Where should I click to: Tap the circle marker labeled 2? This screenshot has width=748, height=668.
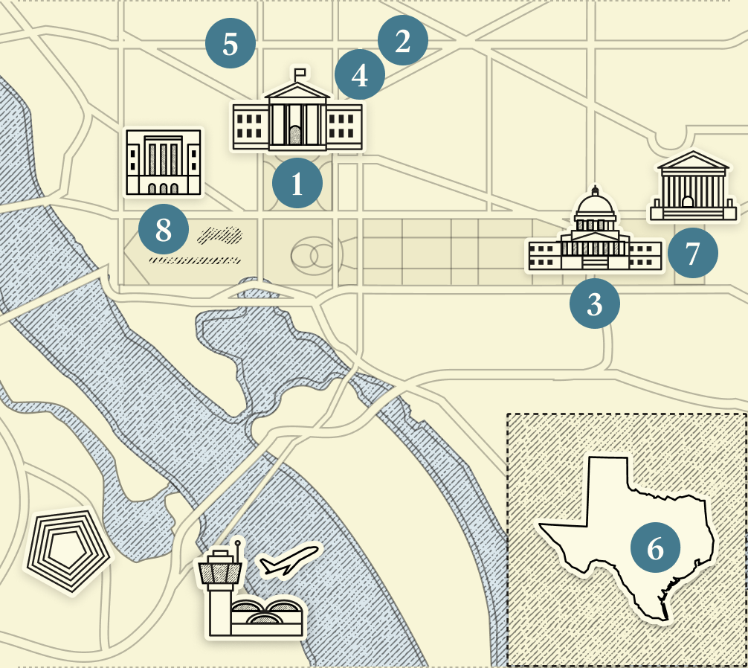click(x=402, y=42)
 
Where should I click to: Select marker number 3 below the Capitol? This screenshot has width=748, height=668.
click(x=594, y=304)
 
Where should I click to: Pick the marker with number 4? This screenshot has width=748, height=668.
click(x=360, y=75)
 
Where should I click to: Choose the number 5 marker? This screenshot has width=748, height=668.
click(x=230, y=45)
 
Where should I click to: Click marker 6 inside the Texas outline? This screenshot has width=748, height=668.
click(x=655, y=548)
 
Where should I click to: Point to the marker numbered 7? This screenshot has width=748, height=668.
click(x=692, y=254)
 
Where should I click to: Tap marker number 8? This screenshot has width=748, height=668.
click(x=164, y=231)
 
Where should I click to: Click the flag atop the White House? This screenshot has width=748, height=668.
click(x=300, y=74)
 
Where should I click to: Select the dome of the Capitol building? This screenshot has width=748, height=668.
click(x=594, y=205)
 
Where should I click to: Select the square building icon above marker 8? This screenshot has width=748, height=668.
click(x=164, y=162)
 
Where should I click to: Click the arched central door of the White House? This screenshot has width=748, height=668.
click(x=295, y=136)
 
